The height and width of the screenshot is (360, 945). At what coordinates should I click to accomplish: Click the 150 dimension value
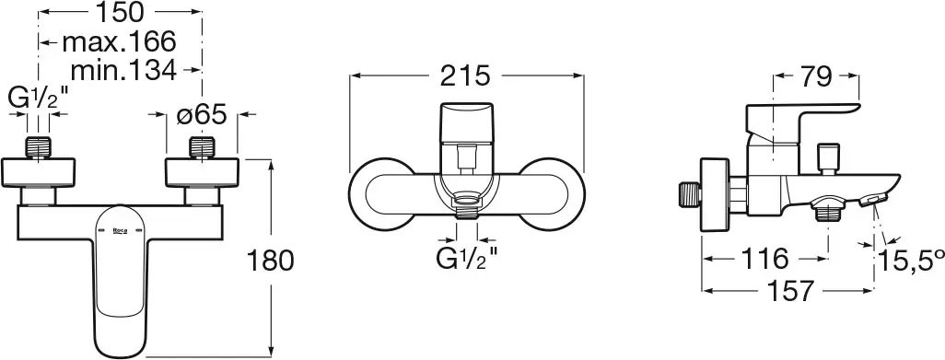(x=122, y=12)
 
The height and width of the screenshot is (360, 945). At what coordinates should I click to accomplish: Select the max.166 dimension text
(x=120, y=42)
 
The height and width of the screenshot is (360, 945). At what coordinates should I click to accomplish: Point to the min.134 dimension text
(x=123, y=71)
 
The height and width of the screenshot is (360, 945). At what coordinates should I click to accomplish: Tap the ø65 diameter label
(x=202, y=114)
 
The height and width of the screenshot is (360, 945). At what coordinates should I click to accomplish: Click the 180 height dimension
(x=270, y=261)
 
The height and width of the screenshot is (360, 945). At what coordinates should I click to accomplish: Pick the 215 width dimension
(x=465, y=76)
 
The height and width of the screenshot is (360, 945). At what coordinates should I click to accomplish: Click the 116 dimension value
(x=764, y=260)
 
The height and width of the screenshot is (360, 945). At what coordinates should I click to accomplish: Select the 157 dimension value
(x=789, y=291)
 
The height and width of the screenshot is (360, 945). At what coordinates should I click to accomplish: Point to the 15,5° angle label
(x=911, y=261)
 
